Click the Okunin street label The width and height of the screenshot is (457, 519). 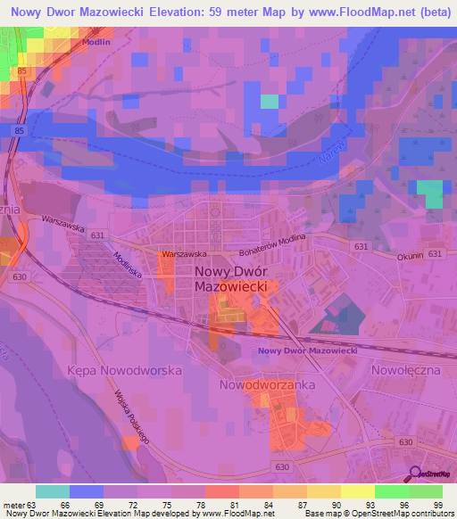tap(406, 255)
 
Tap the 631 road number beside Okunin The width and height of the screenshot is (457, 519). tap(435, 255)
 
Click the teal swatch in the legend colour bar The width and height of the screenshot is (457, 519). tap(53, 491)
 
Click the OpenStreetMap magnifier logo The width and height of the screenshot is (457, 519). tap(413, 474)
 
